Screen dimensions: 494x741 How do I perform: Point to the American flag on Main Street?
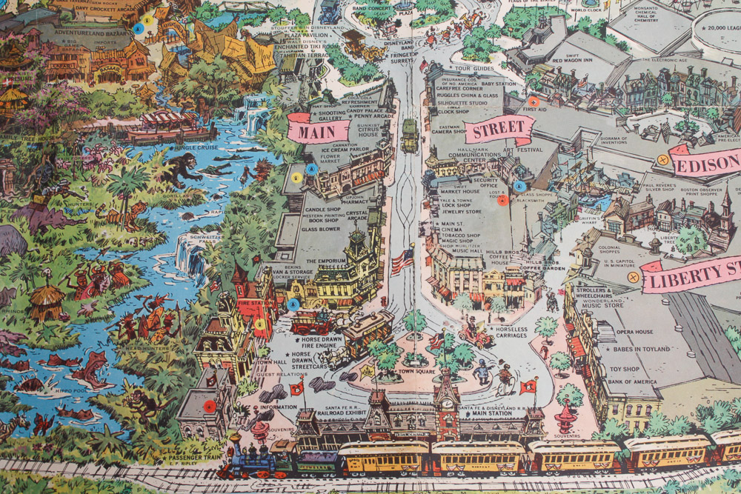point(404,259)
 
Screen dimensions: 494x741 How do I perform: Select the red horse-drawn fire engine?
point(311,322)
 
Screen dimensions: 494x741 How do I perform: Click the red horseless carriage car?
point(475,337)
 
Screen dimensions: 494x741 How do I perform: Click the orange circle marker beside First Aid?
point(533,101)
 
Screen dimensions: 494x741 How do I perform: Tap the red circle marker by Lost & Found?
point(502,198)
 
